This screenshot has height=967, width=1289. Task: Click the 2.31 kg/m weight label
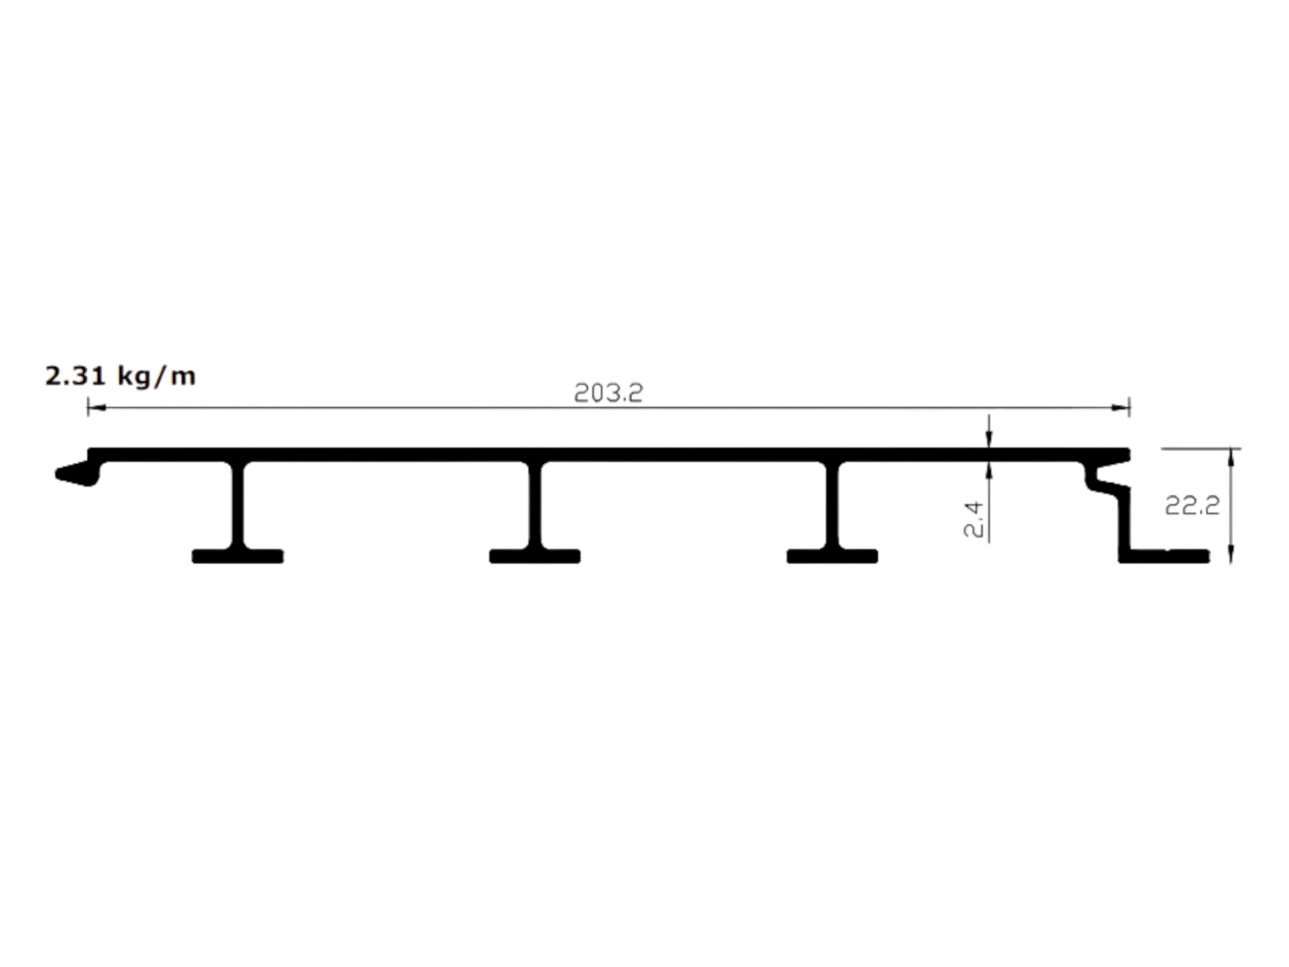[x=120, y=376]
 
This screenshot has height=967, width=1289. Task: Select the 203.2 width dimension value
[x=608, y=393]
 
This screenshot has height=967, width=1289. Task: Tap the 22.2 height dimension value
[x=1192, y=506]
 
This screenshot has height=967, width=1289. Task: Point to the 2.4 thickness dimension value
[x=973, y=519]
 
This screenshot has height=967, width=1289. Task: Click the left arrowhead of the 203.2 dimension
[x=97, y=407]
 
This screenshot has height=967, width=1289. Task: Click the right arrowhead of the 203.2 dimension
[x=1121, y=407]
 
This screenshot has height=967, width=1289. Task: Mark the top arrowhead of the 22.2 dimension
[x=1231, y=458]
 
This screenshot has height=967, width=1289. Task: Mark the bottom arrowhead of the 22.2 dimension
[x=1231, y=554]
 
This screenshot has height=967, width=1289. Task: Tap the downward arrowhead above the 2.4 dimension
[x=989, y=439]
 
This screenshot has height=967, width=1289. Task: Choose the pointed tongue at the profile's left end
[x=78, y=473]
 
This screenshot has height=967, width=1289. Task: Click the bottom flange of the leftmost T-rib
[x=238, y=557]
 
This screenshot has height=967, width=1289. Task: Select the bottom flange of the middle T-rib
[x=535, y=557]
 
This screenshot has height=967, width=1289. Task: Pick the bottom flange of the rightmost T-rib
[x=833, y=557]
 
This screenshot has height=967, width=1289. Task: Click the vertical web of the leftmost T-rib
[x=238, y=506]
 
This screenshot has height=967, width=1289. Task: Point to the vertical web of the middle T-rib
[x=535, y=506]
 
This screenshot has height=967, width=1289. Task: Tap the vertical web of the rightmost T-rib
[x=833, y=506]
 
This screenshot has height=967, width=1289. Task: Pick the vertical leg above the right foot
[x=1125, y=522]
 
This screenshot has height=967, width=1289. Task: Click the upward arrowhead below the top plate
[x=989, y=471]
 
